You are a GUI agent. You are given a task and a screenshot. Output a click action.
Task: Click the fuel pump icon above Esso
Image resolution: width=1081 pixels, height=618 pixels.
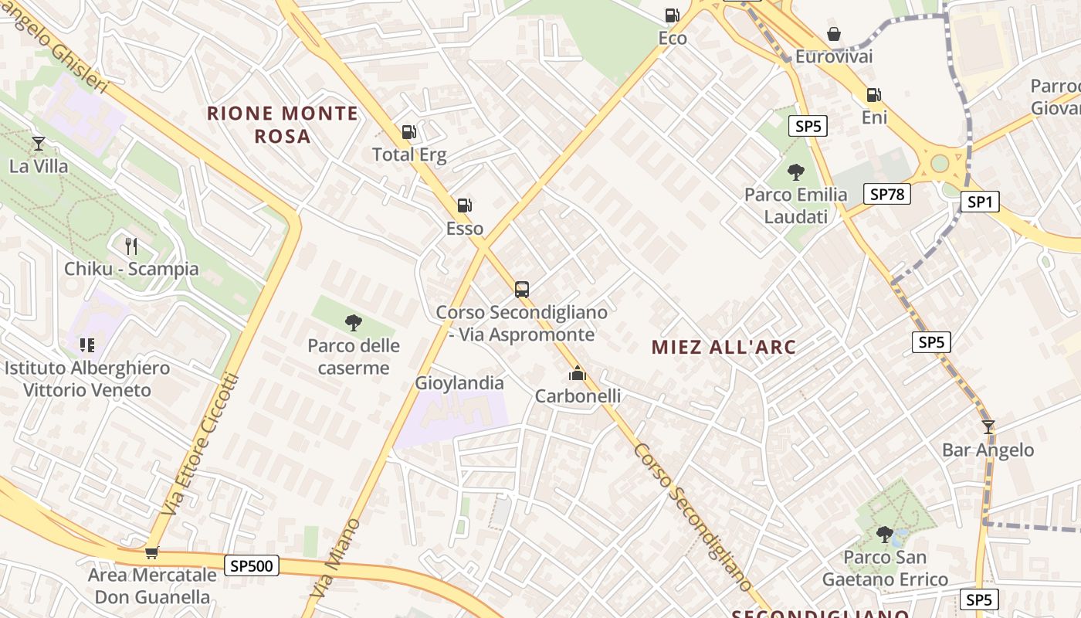(x=464, y=205)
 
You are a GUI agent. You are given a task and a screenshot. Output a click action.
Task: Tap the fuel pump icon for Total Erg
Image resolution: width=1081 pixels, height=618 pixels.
(x=409, y=132)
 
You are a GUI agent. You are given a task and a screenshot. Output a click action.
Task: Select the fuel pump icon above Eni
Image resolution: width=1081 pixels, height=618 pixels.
(x=873, y=95)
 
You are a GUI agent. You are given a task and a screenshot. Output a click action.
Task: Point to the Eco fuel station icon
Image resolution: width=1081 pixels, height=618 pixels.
(x=672, y=15)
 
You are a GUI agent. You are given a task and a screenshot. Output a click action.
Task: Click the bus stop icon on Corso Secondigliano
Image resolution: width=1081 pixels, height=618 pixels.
(x=522, y=290)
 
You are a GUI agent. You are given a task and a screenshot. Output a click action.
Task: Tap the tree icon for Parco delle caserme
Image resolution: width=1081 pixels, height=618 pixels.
(x=354, y=323)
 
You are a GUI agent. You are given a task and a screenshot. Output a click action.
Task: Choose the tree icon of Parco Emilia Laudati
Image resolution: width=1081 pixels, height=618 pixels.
(x=795, y=172)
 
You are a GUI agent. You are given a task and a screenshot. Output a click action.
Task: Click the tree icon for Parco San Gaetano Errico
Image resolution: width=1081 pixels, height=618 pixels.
(x=884, y=534)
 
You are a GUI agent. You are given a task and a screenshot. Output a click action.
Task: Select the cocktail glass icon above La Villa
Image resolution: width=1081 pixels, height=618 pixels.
(x=38, y=144)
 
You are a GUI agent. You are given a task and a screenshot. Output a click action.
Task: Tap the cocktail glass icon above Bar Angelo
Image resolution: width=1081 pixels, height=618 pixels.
(x=988, y=427)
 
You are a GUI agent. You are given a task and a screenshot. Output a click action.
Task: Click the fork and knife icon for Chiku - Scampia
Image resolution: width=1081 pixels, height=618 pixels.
(x=131, y=246)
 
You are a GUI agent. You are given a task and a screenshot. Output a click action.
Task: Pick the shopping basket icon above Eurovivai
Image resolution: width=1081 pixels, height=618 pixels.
(x=834, y=34)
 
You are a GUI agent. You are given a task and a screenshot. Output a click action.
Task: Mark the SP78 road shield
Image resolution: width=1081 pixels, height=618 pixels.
(x=886, y=194)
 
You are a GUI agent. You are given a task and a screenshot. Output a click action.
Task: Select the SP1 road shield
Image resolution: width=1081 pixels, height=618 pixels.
(x=979, y=202)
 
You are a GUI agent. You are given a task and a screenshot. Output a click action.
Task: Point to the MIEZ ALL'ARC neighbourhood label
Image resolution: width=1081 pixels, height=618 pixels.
(x=723, y=347)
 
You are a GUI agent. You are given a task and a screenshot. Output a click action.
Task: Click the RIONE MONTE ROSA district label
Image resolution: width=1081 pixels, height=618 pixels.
(x=282, y=124)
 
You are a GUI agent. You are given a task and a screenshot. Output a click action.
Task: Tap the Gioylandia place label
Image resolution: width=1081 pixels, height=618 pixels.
(x=459, y=383)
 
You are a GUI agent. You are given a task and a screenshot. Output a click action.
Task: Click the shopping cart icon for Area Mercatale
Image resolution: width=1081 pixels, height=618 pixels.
(x=152, y=552)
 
